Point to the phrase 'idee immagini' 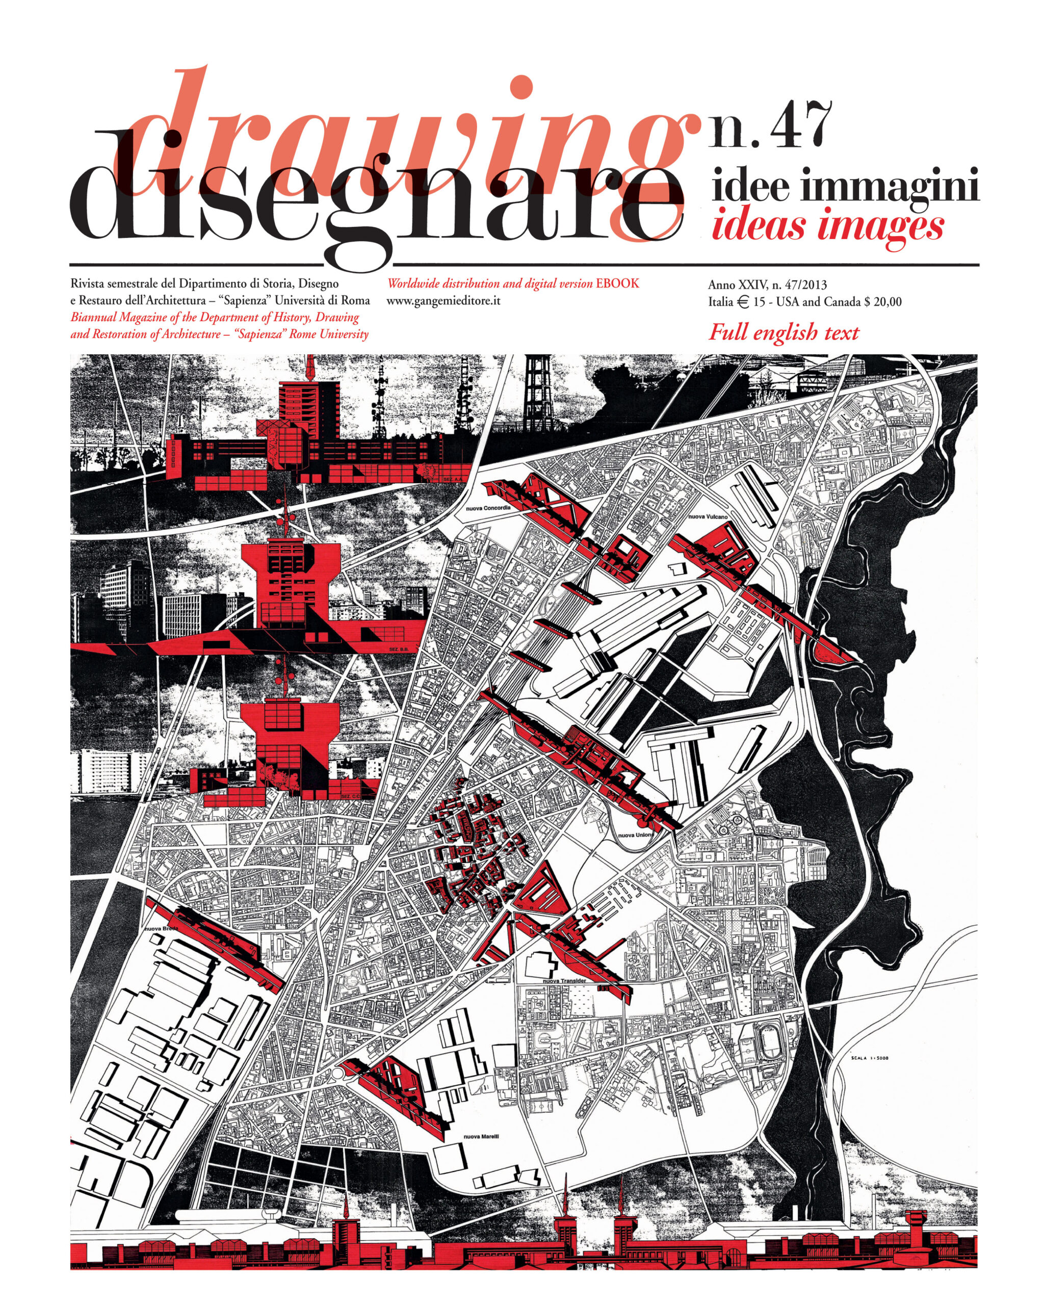[845, 188]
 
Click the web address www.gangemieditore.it [443, 301]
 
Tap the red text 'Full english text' [783, 332]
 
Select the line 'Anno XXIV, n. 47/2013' [767, 284]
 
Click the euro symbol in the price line [743, 301]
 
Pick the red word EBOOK [617, 283]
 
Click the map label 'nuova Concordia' [488, 508]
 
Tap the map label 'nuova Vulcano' [708, 516]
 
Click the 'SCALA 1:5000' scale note [872, 1059]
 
